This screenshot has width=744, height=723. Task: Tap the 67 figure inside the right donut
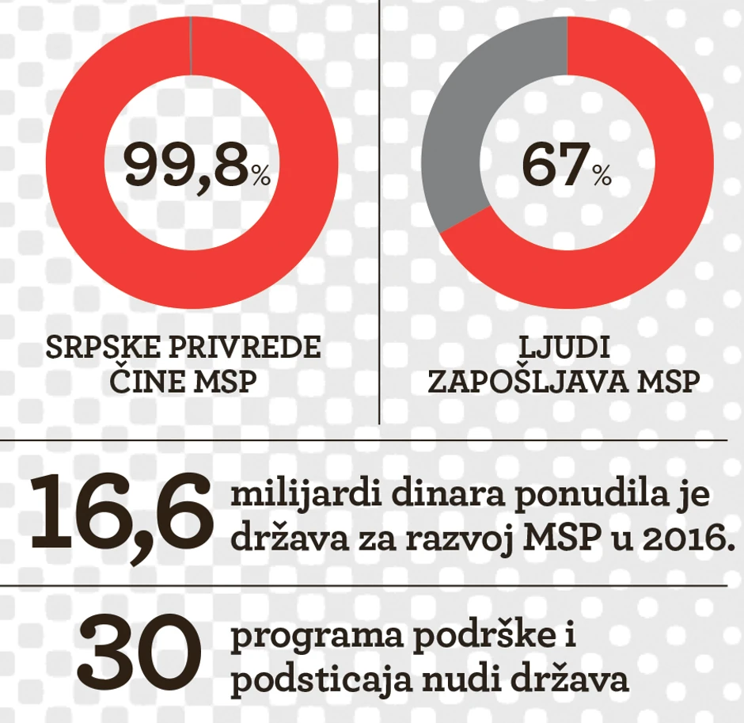(x=554, y=166)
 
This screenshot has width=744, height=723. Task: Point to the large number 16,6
(x=120, y=512)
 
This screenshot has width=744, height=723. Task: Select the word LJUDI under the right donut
(x=564, y=348)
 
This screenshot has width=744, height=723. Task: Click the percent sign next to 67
(x=602, y=177)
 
